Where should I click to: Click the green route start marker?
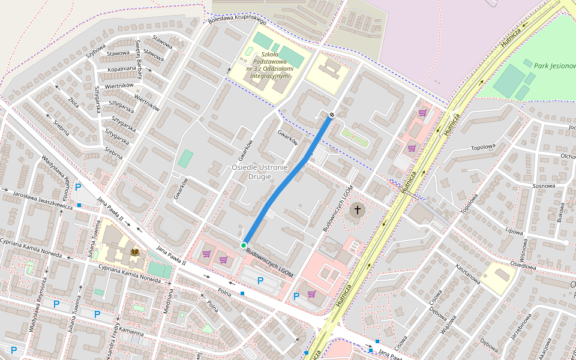[x=244, y=245]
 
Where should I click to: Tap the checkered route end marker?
[x=331, y=115]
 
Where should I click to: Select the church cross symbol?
[x=358, y=210]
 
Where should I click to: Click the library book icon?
[x=135, y=253]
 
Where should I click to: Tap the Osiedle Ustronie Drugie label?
[x=260, y=172]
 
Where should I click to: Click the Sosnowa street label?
[x=544, y=186]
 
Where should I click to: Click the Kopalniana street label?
[x=122, y=69]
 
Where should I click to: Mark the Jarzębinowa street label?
[x=521, y=329]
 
